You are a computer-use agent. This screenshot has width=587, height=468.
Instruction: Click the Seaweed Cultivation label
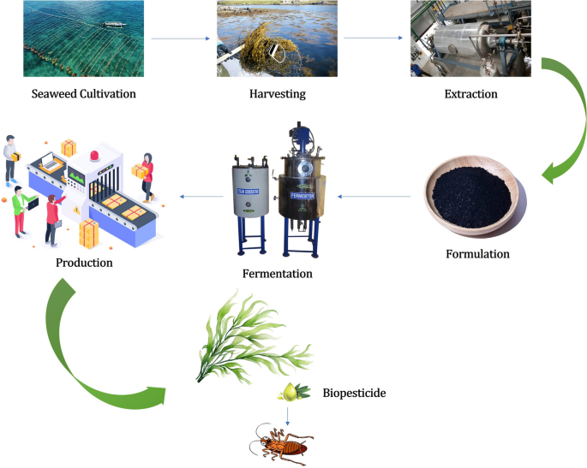pyautogui.click(x=84, y=93)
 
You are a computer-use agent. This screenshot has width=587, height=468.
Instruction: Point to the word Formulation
pyautogui.click(x=477, y=254)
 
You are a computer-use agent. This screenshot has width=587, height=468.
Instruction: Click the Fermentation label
pyautogui.click(x=278, y=274)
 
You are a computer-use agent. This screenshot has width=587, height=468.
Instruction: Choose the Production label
pyautogui.click(x=84, y=262)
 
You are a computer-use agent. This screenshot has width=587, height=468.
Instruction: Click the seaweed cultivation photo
pyautogui.click(x=83, y=39)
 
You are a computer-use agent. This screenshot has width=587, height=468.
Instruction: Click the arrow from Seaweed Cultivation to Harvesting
pyautogui.click(x=180, y=39)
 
